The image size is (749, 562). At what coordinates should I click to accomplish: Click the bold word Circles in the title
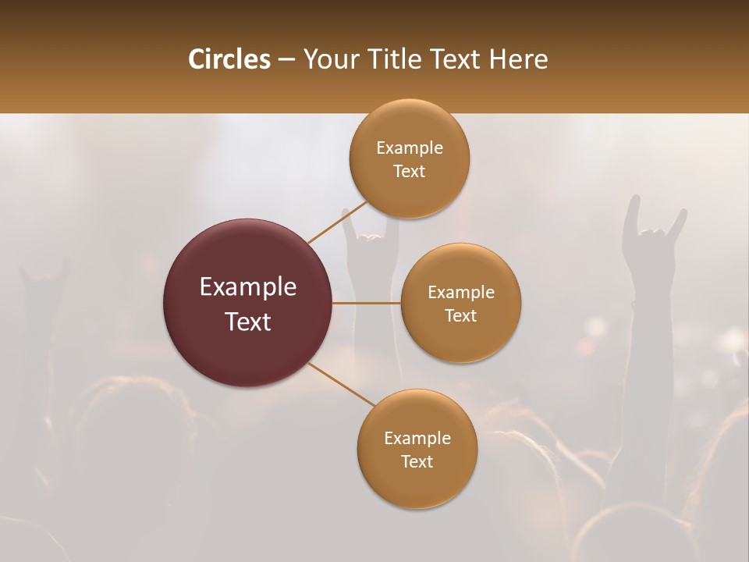[x=229, y=59]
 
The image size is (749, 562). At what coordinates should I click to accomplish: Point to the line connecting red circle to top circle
[x=337, y=222]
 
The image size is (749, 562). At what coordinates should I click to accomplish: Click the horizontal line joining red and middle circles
[x=366, y=303]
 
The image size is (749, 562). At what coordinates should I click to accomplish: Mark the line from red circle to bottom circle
[x=341, y=384]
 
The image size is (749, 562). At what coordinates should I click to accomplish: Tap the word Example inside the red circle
[x=248, y=287]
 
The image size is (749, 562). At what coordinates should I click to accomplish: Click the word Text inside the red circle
[x=248, y=322]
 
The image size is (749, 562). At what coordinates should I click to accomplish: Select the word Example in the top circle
[x=410, y=148]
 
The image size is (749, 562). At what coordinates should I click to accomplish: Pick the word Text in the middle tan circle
[x=461, y=316]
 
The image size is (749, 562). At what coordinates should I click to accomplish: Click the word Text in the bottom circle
[x=417, y=462]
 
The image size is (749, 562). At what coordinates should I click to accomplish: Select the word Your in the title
[x=328, y=59]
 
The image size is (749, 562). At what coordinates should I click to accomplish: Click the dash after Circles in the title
[x=286, y=60]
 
